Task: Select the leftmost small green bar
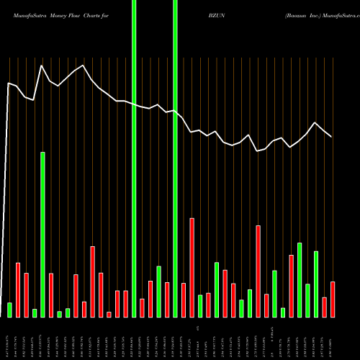click(x=10, y=310)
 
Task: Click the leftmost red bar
click(x=18, y=290)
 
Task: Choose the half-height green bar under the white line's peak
click(x=42, y=235)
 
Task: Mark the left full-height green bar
click(x=134, y=158)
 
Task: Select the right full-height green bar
click(x=175, y=158)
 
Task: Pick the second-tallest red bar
click(x=258, y=271)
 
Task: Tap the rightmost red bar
click(x=332, y=300)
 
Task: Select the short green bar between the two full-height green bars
click(x=158, y=292)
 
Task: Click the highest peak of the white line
click(x=42, y=66)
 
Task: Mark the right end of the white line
click(x=331, y=136)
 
